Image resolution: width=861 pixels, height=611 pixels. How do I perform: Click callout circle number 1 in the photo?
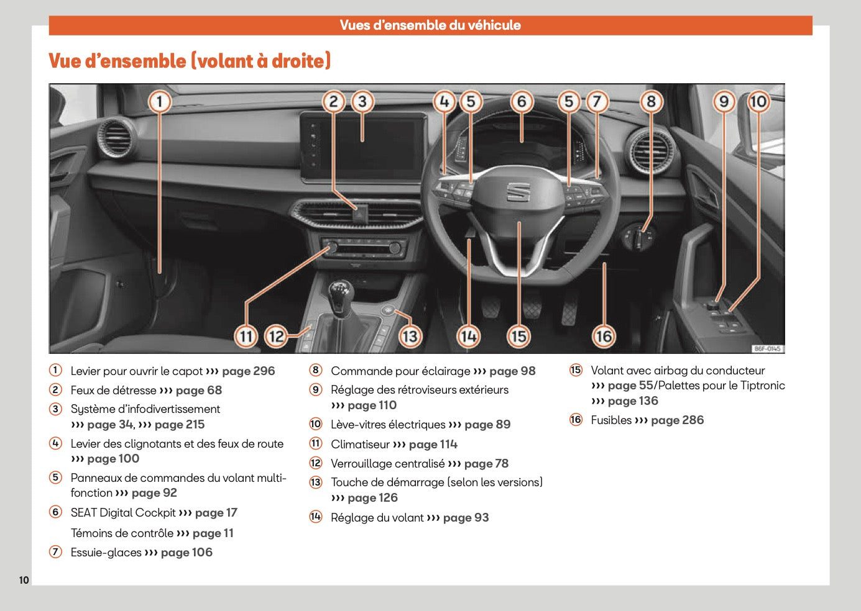tap(160, 102)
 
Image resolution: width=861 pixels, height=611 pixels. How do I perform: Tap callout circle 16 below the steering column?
tap(603, 336)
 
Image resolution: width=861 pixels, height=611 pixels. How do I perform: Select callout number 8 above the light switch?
tap(651, 102)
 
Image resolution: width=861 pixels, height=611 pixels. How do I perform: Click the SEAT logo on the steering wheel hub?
tap(517, 192)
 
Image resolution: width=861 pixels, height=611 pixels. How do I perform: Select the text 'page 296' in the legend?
tap(248, 371)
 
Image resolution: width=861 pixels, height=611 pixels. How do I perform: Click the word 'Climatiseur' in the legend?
tap(360, 445)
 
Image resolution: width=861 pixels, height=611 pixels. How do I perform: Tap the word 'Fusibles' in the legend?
tap(610, 420)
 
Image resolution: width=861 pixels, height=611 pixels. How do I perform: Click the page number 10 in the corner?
tap(24, 580)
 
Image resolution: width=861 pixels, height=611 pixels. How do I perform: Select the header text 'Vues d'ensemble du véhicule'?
tap(430, 25)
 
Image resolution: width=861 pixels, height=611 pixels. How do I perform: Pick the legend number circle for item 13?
tap(316, 482)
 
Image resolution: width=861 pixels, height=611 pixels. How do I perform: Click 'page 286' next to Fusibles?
tap(677, 420)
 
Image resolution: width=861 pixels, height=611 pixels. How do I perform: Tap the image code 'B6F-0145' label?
tap(767, 349)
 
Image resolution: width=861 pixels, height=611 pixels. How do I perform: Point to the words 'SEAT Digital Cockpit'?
tap(123, 513)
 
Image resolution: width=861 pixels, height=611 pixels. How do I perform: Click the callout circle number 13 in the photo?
tap(409, 336)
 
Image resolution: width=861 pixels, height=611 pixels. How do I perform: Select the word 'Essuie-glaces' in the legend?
tap(106, 553)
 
